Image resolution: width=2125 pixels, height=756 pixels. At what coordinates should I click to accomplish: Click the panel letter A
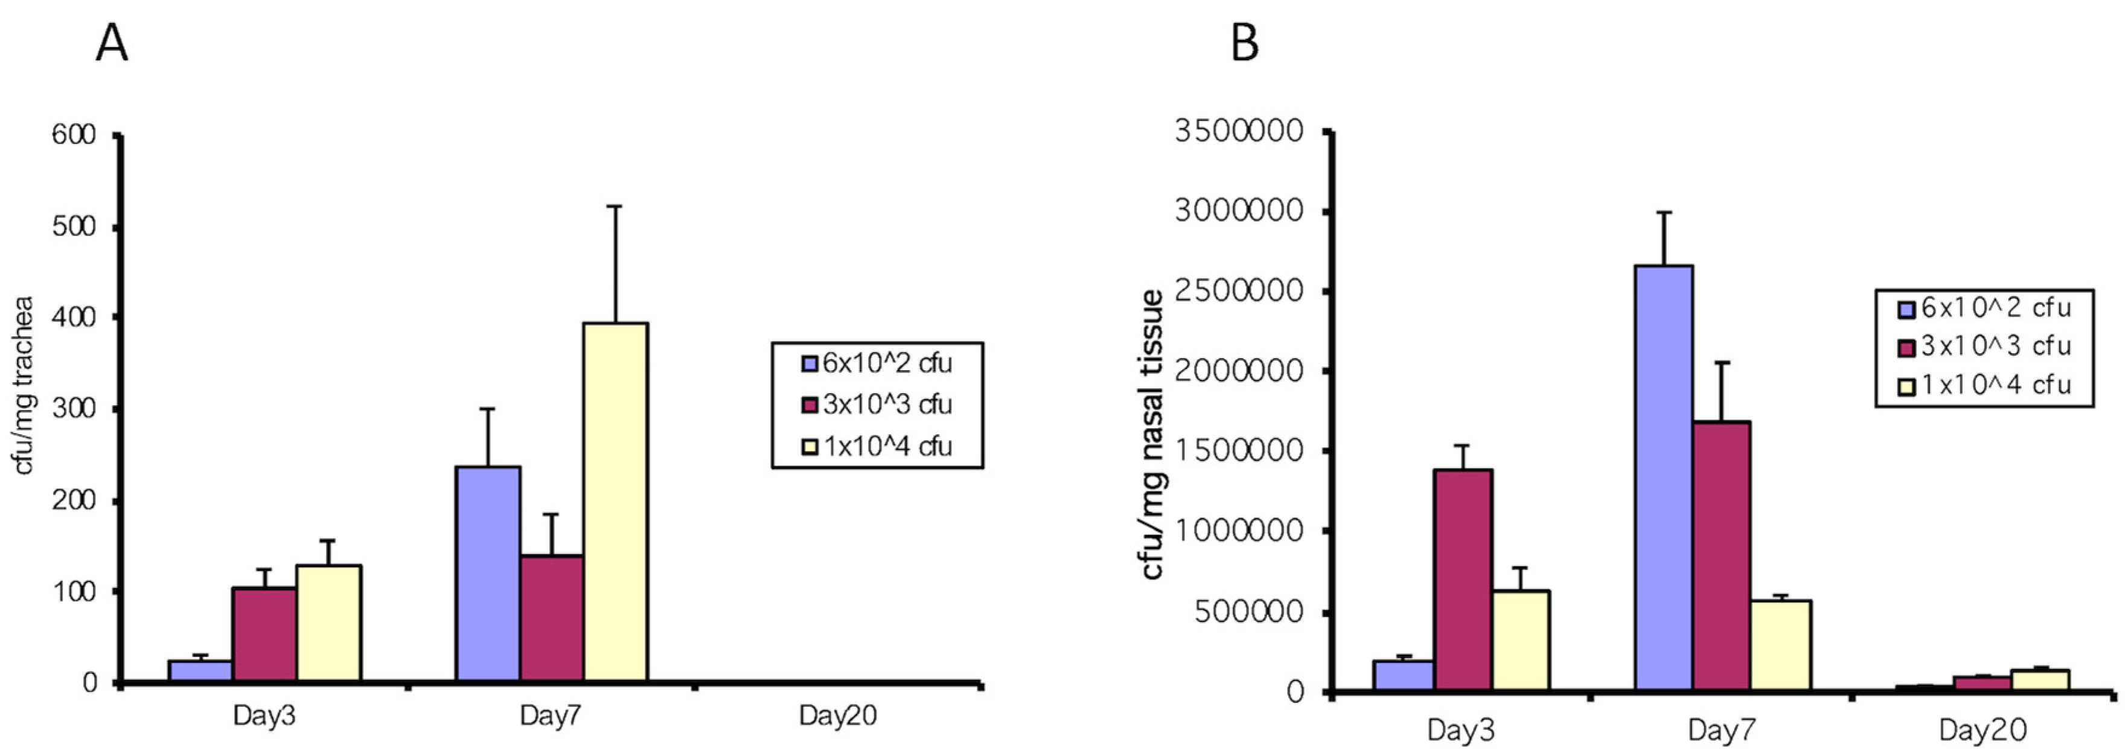click(x=112, y=43)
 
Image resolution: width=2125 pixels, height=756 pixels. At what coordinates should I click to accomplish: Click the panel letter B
click(x=1245, y=43)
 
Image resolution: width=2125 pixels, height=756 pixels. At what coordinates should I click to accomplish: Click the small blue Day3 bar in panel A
click(x=200, y=671)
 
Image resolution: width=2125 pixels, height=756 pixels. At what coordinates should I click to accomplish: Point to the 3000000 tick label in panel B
click(x=1239, y=211)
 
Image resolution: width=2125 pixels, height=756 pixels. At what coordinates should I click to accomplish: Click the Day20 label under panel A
click(x=837, y=716)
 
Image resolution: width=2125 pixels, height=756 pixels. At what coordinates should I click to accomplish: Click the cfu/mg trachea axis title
click(x=25, y=385)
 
